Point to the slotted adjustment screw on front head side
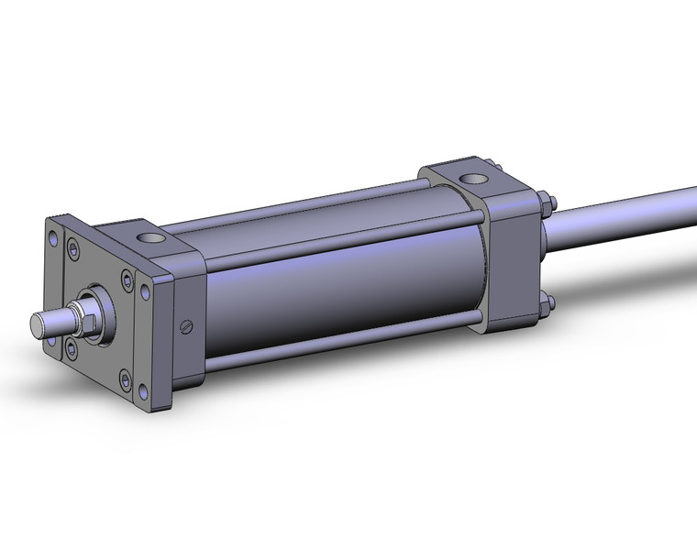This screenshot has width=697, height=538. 189,325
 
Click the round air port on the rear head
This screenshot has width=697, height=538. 474,179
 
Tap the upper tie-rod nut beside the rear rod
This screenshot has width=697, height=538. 544,201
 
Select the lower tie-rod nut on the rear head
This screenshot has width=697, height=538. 545,307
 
